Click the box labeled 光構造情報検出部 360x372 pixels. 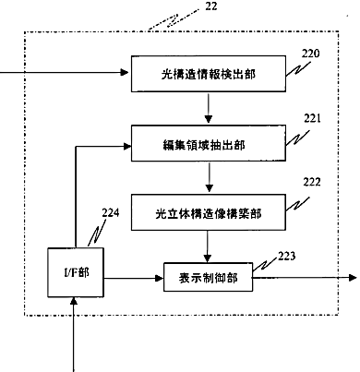209,74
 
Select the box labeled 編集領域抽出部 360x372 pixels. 209,143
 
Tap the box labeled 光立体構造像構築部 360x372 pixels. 209,212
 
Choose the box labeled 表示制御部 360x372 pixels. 208,277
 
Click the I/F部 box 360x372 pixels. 76,272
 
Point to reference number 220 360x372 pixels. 310,54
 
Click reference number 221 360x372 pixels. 312,118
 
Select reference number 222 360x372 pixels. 312,182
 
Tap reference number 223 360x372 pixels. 287,256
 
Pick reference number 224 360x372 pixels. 111,212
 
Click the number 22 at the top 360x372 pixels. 211,6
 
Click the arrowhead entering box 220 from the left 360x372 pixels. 125,72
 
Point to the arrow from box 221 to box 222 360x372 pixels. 210,177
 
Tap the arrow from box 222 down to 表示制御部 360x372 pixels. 208,246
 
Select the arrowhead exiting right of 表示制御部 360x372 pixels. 353,278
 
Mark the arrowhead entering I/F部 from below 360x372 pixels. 74,301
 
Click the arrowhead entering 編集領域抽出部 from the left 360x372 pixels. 127,147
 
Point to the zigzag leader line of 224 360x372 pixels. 97,234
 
